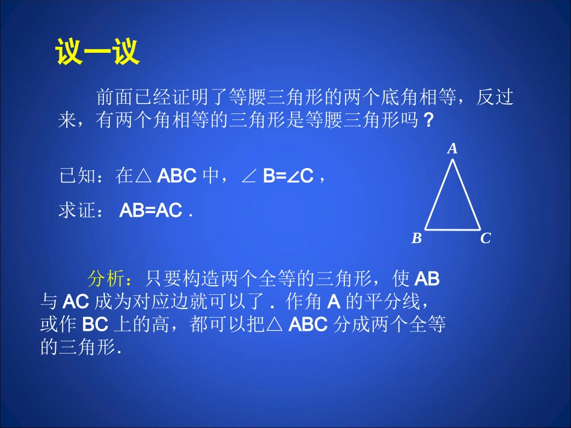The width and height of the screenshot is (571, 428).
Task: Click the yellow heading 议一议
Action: click(x=97, y=52)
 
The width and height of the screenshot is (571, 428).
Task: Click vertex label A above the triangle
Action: click(x=453, y=148)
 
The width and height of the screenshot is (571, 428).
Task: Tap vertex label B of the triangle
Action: click(x=417, y=239)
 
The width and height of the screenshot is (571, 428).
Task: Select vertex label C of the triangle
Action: click(x=486, y=239)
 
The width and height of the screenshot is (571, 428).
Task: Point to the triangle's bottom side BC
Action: click(x=453, y=229)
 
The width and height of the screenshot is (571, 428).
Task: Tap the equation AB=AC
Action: click(x=151, y=211)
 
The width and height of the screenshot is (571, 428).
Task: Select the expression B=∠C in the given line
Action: click(x=289, y=176)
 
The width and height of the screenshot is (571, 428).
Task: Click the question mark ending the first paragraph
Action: click(x=428, y=121)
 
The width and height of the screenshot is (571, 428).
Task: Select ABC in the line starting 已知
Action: click(x=177, y=176)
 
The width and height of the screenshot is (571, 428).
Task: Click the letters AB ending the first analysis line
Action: click(x=427, y=279)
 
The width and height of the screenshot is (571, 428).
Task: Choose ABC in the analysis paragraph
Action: click(x=308, y=325)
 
